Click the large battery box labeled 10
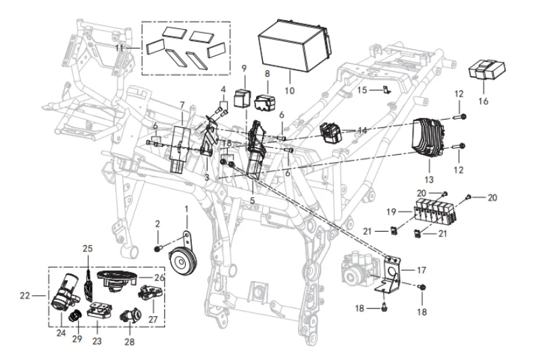click(x=293, y=43)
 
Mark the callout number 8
click(x=267, y=73)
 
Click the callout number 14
click(x=361, y=130)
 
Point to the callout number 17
click(x=422, y=270)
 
